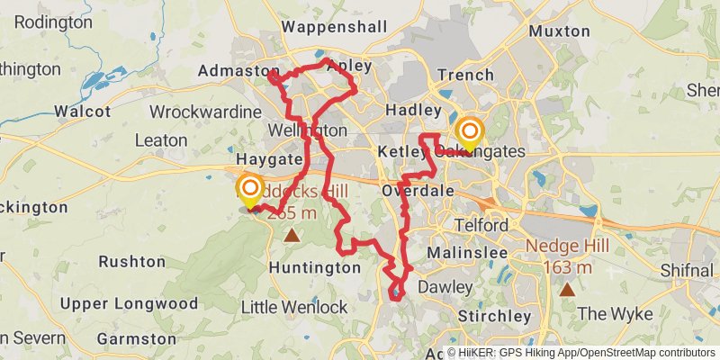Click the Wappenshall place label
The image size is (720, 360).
point(335,27)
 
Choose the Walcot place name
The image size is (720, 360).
point(82,112)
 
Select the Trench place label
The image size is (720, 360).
point(464,75)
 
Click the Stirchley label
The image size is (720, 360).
point(494,316)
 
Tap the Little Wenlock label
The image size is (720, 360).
point(294,307)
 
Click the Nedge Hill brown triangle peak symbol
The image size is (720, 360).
point(567,289)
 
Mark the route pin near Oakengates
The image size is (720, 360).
point(469,133)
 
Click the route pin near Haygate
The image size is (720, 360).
point(249,190)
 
